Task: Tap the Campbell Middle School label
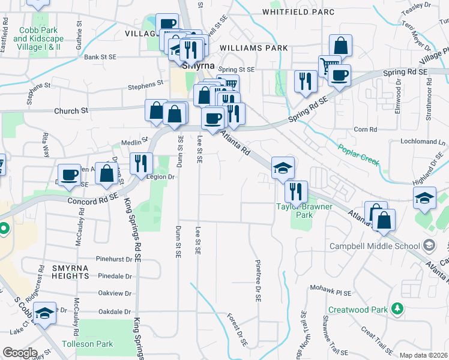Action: pos(374,246)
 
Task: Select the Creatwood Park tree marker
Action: pos(396,308)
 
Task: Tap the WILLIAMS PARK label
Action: pos(254,47)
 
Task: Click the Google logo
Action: pos(19,353)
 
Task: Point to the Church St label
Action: pos(71,111)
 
